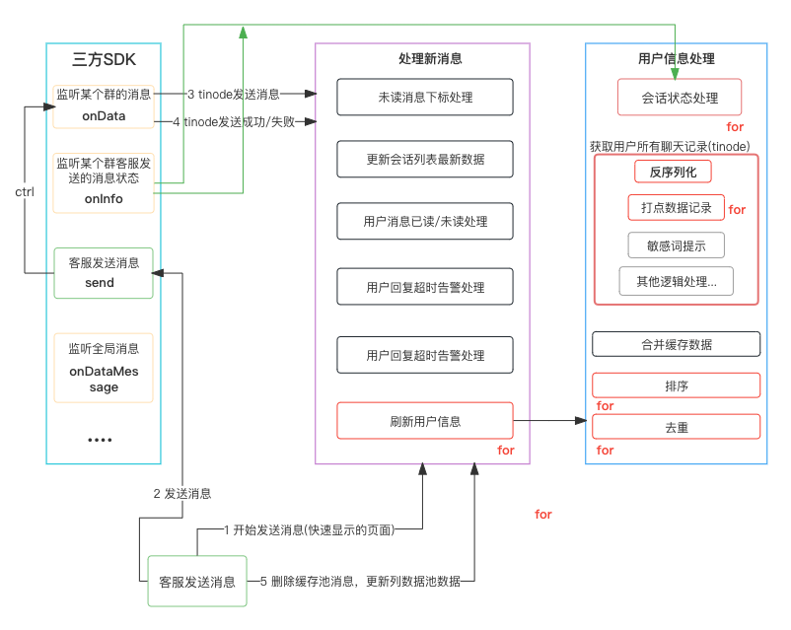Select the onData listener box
pyautogui.click(x=104, y=105)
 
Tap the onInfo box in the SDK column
pyautogui.click(x=104, y=182)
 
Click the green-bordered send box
pyautogui.click(x=104, y=273)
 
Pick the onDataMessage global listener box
pyautogui.click(x=104, y=368)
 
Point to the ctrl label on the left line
pyautogui.click(x=25, y=192)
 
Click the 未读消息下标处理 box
pyautogui.click(x=425, y=98)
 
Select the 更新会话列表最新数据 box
pyautogui.click(x=425, y=159)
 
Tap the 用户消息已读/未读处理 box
pyautogui.click(x=425, y=222)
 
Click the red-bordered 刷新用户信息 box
pyautogui.click(x=425, y=421)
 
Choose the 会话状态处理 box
pyautogui.click(x=680, y=98)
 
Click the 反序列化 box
pyautogui.click(x=673, y=172)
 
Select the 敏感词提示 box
pyautogui.click(x=676, y=245)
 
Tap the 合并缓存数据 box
pyautogui.click(x=676, y=344)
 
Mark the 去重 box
pyautogui.click(x=676, y=427)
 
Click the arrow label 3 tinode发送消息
pyautogui.click(x=233, y=95)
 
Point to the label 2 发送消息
pyautogui.click(x=182, y=493)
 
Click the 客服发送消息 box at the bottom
pyautogui.click(x=197, y=582)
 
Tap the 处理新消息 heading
pyautogui.click(x=423, y=59)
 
